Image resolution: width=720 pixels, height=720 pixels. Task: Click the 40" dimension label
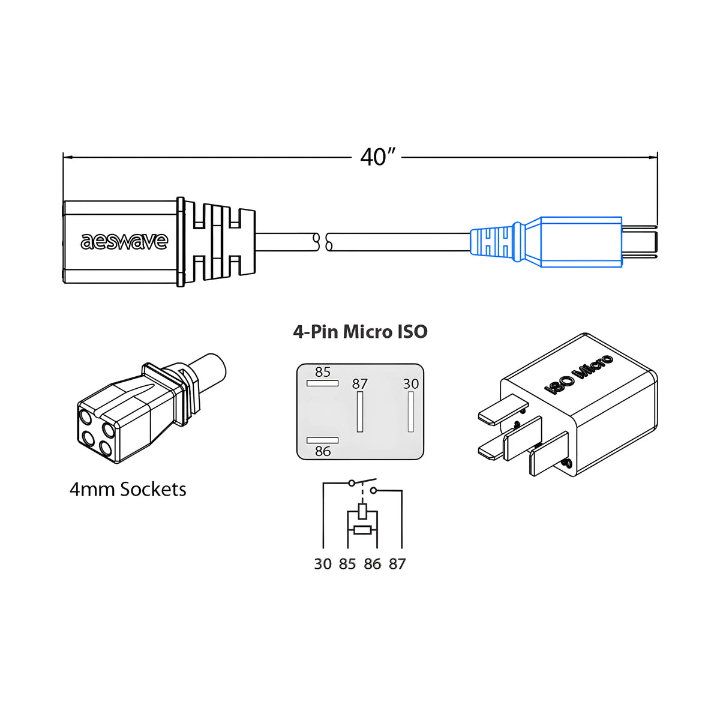pos(378,157)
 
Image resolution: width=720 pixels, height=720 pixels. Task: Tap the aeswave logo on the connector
pos(124,242)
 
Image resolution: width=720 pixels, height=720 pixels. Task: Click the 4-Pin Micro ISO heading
pos(360,332)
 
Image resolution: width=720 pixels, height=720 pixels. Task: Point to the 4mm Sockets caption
pos(128,490)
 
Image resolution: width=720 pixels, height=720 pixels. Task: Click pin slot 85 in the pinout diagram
pos(322,383)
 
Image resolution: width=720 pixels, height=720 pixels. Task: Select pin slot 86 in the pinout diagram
pos(322,440)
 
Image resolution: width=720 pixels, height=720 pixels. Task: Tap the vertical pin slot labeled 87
pos(360,412)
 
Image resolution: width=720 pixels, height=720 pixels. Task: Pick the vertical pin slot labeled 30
pos(411,412)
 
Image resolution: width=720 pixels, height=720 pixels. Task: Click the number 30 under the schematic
pos(323,564)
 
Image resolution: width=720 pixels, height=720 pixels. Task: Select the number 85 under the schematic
pos(347,564)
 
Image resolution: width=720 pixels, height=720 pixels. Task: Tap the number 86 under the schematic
pos(372,564)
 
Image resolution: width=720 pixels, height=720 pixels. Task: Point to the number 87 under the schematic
pos(397,564)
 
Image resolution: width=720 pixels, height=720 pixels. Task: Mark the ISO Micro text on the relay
pos(578,374)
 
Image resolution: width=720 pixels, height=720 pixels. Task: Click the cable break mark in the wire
pos(322,242)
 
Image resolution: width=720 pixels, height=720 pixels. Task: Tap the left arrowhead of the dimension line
pos(68,157)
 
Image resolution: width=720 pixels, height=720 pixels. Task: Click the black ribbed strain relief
pos(219,242)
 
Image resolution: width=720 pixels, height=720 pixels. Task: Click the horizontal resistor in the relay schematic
pos(362,529)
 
